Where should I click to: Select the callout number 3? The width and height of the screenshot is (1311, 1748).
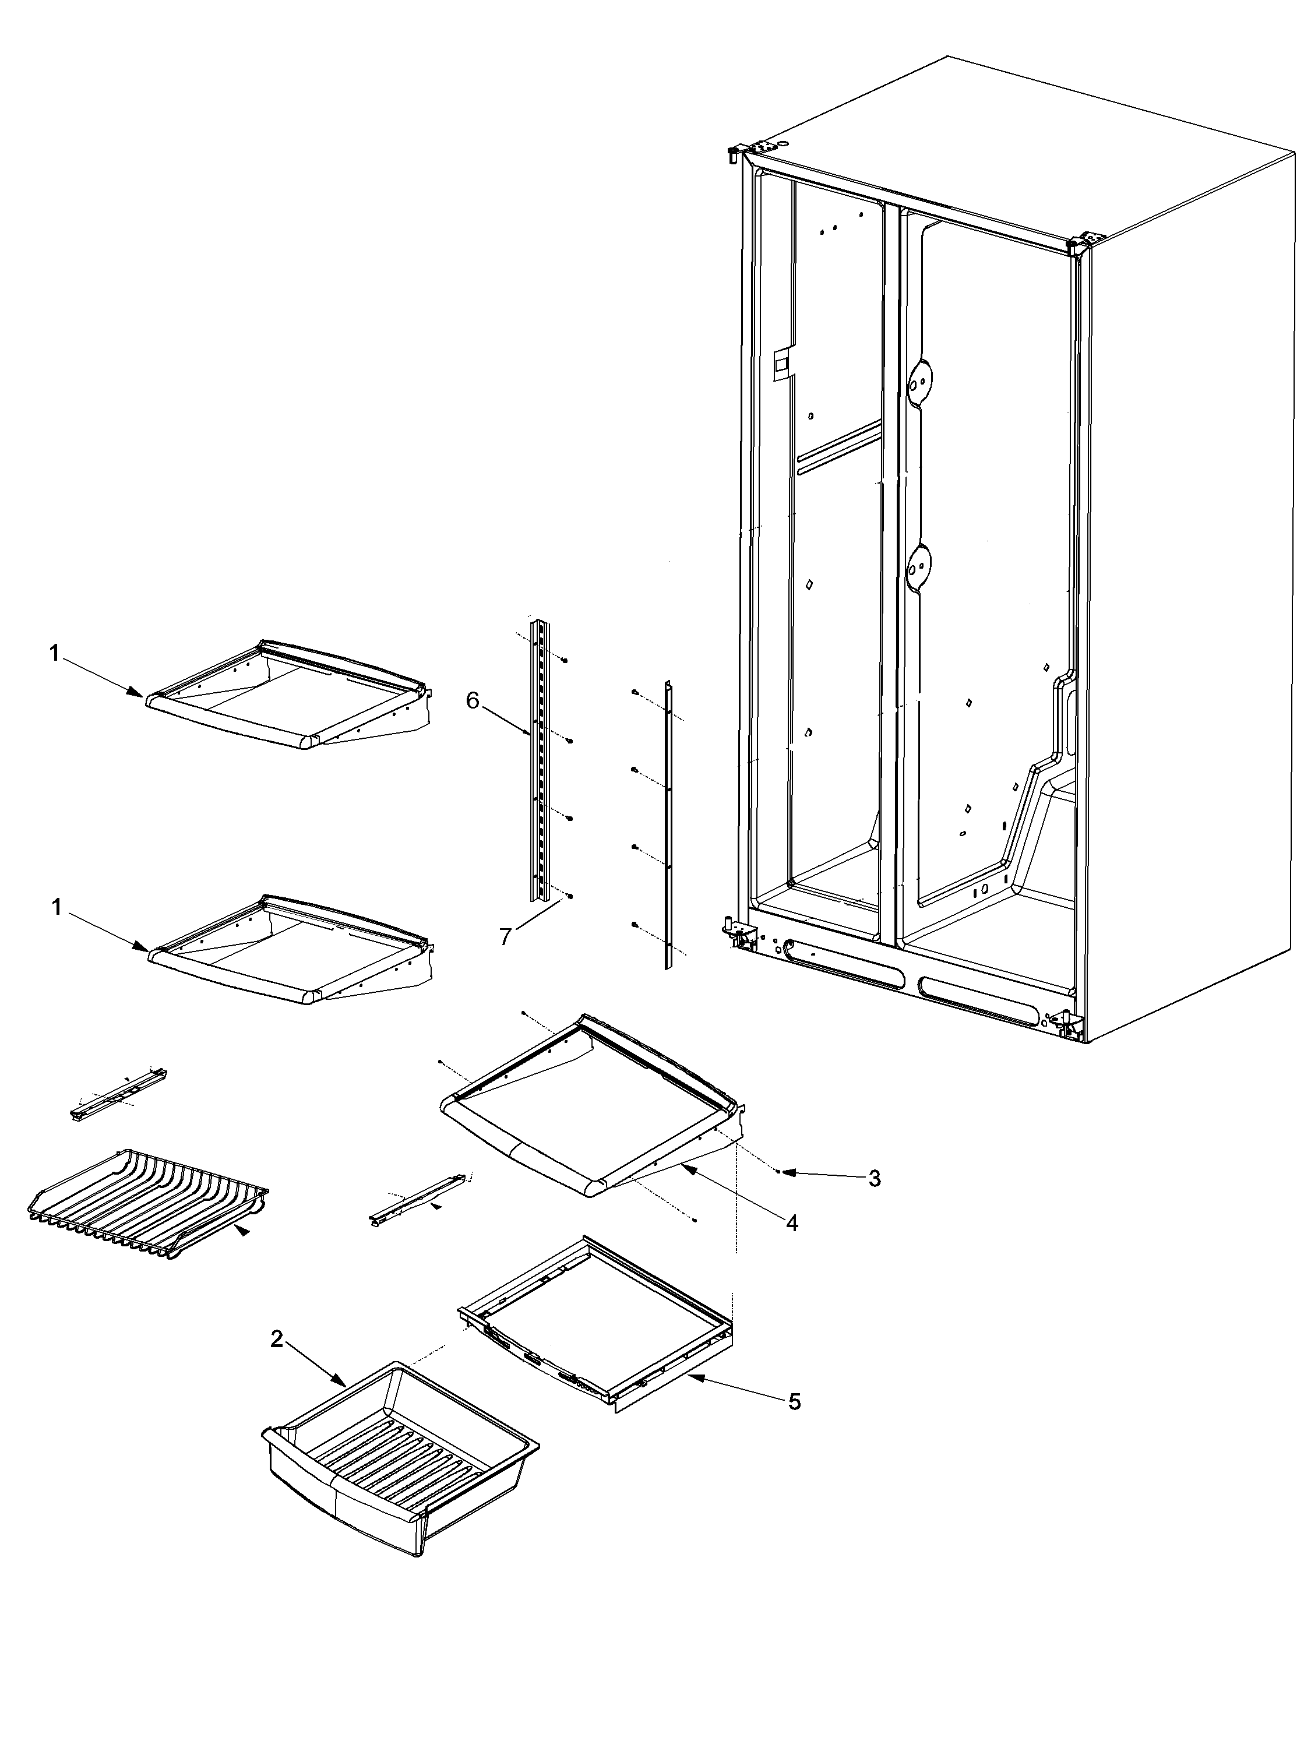pyautogui.click(x=874, y=1200)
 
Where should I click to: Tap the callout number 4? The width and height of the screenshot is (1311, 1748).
pyautogui.click(x=792, y=1245)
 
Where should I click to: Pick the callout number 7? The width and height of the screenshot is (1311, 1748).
pyautogui.click(x=505, y=936)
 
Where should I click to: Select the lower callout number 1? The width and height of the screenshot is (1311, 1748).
pyautogui.click(x=56, y=907)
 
